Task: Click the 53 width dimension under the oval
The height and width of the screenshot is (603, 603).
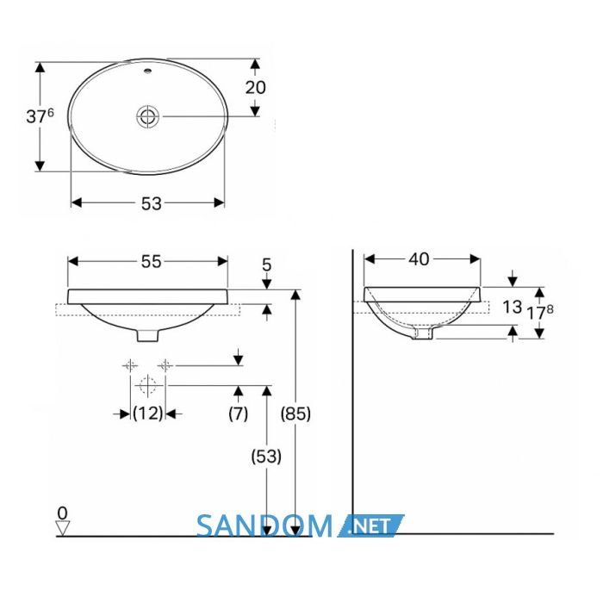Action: point(151,203)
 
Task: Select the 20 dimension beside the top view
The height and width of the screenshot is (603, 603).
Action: point(255,88)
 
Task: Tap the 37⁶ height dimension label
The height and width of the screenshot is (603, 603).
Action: point(40,115)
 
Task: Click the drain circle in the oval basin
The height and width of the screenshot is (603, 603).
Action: point(147,116)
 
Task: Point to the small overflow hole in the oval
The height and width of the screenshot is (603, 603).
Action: point(147,71)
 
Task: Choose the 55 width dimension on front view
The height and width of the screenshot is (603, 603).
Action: point(151,262)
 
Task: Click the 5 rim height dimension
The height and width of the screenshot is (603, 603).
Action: point(266,265)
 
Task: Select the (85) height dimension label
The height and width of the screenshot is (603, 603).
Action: point(295,413)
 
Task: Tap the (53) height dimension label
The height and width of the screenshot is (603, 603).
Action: point(266,457)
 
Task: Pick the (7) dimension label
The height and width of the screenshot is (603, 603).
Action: point(238,413)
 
